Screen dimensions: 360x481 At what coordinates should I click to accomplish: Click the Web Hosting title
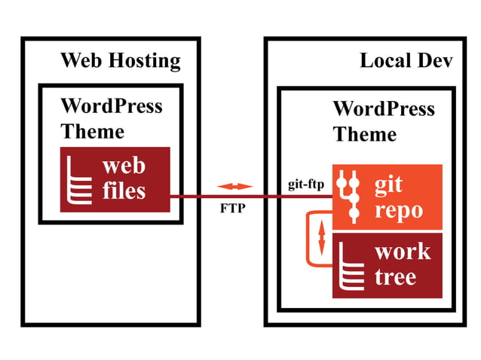coord(120,61)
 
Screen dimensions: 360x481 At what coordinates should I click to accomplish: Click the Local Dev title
coord(406,61)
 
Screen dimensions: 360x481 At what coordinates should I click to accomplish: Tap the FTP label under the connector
coord(232,209)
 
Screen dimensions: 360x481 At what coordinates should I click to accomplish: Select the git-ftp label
coord(305,185)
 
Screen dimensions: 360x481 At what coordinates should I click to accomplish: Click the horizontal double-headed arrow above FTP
coord(234,186)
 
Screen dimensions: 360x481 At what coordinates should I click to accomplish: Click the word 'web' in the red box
coord(124,166)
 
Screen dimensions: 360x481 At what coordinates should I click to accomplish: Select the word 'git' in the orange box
coord(389,183)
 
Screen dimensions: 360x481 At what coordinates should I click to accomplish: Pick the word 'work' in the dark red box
coord(403,252)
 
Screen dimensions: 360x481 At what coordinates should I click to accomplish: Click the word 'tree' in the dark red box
coord(395,276)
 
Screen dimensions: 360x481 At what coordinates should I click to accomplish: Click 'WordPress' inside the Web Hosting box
coord(112,105)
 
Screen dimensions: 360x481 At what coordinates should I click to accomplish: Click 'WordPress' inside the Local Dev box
coord(384,108)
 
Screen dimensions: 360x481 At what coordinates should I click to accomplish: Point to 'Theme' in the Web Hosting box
coord(92,131)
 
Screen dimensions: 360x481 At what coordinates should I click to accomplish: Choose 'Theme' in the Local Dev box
coord(364,134)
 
